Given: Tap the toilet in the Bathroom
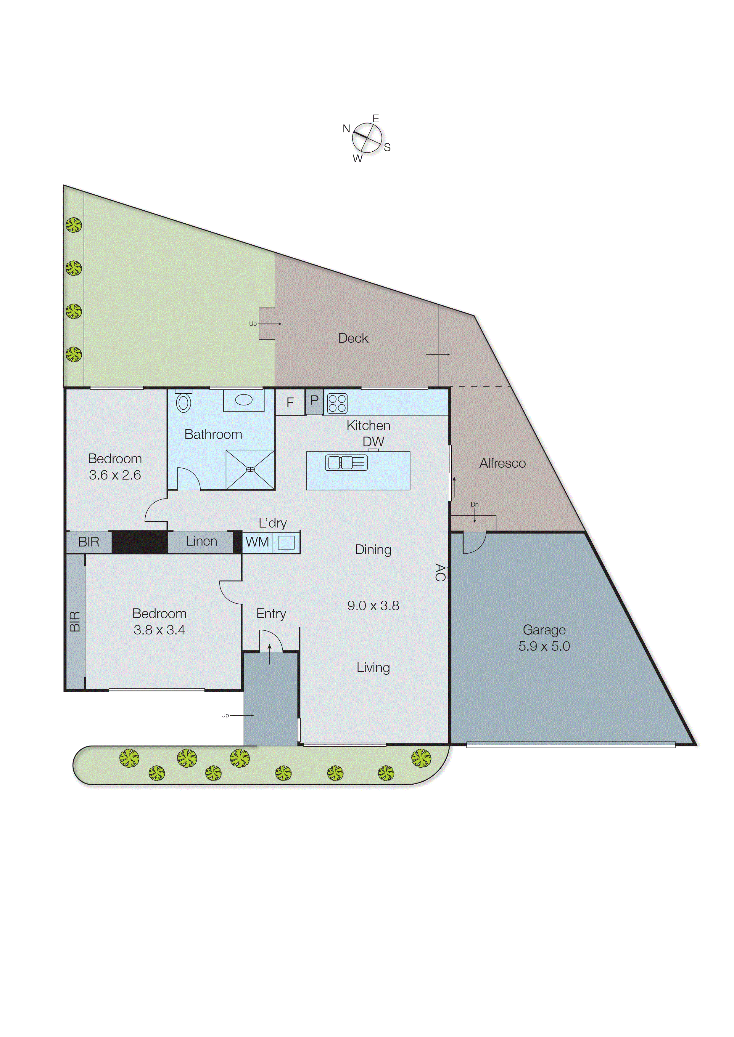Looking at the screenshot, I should pos(183,402).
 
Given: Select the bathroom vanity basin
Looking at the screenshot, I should pos(244,400).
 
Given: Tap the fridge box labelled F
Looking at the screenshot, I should pos(290,402).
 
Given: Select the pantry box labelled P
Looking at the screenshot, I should pos(314,401).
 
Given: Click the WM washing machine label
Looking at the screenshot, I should pos(257,542).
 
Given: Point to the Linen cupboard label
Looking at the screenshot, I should pos(202,541).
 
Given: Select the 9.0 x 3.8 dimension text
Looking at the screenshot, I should pos(373,605).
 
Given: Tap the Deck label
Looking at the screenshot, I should pos(353,338).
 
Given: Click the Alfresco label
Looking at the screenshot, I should pos(502,463).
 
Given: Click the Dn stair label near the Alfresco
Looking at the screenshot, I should pos(474,504).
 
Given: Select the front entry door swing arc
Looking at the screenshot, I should pos(271,641).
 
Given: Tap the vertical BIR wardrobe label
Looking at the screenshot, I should pos(75,621).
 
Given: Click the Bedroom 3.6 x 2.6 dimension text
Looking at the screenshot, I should pos(115,475).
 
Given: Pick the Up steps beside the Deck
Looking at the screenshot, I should pos(267,324).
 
